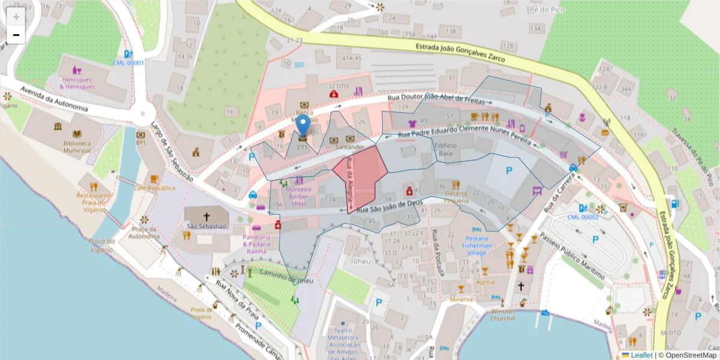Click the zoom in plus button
pos(16,17)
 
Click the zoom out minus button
pos(16,35)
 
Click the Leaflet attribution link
pos(641,355)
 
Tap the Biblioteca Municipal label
pos(77,147)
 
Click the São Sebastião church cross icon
pos(206,216)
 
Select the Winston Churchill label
pos(502,315)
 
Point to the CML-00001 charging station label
pos(128,62)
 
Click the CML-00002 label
pos(583,217)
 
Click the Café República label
pos(154,188)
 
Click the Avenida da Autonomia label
pos(54,100)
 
